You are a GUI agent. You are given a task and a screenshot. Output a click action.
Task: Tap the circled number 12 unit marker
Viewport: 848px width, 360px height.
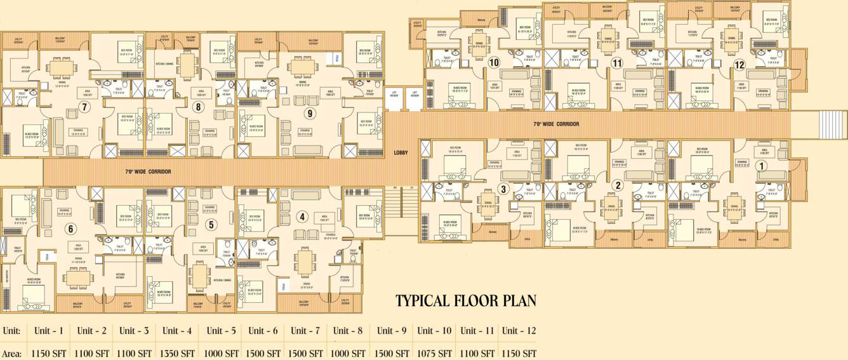[739, 65]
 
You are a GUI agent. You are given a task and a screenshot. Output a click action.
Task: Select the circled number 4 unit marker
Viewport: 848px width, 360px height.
[302, 217]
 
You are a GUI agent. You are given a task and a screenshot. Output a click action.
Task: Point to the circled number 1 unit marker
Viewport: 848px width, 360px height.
[762, 166]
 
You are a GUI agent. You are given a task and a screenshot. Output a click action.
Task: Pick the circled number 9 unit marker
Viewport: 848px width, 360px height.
[309, 114]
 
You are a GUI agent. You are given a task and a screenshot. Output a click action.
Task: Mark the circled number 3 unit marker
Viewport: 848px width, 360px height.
[503, 188]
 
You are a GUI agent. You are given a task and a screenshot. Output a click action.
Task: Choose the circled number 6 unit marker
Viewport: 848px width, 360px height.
[70, 229]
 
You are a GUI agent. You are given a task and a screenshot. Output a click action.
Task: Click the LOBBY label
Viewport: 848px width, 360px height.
[401, 152]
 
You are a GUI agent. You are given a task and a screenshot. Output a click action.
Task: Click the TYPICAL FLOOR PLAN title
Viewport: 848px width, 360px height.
[466, 300]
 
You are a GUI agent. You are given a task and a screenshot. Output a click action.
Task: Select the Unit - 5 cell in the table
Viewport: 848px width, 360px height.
[221, 331]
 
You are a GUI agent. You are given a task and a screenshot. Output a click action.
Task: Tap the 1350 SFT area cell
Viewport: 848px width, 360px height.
[178, 353]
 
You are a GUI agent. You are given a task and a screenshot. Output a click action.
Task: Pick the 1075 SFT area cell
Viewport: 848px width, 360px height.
[435, 353]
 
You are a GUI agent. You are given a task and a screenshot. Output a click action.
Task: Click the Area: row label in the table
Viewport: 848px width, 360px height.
[11, 353]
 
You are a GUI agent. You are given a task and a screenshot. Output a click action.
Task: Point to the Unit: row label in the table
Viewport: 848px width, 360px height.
[11, 331]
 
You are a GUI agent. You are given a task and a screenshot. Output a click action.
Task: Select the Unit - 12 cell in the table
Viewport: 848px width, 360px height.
[519, 331]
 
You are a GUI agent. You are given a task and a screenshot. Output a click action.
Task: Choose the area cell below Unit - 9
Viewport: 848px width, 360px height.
[392, 353]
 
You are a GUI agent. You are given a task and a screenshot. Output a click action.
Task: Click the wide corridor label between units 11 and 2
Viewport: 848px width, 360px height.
[555, 124]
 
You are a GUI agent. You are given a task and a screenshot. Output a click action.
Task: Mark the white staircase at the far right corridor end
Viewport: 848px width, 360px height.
[830, 123]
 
